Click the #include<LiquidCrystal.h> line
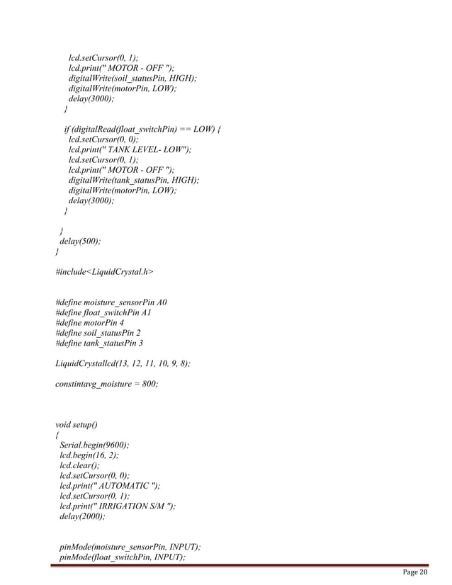click(104, 271)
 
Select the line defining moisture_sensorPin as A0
click(111, 302)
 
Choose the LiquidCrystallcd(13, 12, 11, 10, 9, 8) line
click(123, 363)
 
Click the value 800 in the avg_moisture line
click(148, 384)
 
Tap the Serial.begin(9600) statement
click(95, 445)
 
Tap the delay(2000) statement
click(82, 517)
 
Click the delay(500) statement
click(79, 241)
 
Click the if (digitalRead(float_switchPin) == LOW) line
click(142, 130)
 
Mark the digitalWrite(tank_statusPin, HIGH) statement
click(134, 180)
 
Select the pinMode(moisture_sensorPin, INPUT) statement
click(130, 547)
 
